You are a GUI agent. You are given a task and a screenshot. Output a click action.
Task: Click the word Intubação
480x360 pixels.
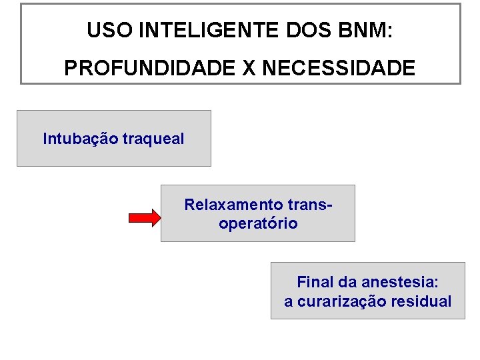tap(79, 139)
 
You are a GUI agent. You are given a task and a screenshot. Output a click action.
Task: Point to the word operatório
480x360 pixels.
tap(258, 224)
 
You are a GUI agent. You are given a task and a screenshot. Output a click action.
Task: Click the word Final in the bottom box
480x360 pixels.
tap(313, 282)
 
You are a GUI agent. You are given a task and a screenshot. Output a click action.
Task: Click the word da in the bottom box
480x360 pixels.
tap(342, 282)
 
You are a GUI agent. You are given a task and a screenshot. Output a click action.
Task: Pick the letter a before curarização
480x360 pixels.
tap(288, 302)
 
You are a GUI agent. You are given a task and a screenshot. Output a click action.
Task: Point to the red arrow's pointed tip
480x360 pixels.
tap(159, 218)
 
